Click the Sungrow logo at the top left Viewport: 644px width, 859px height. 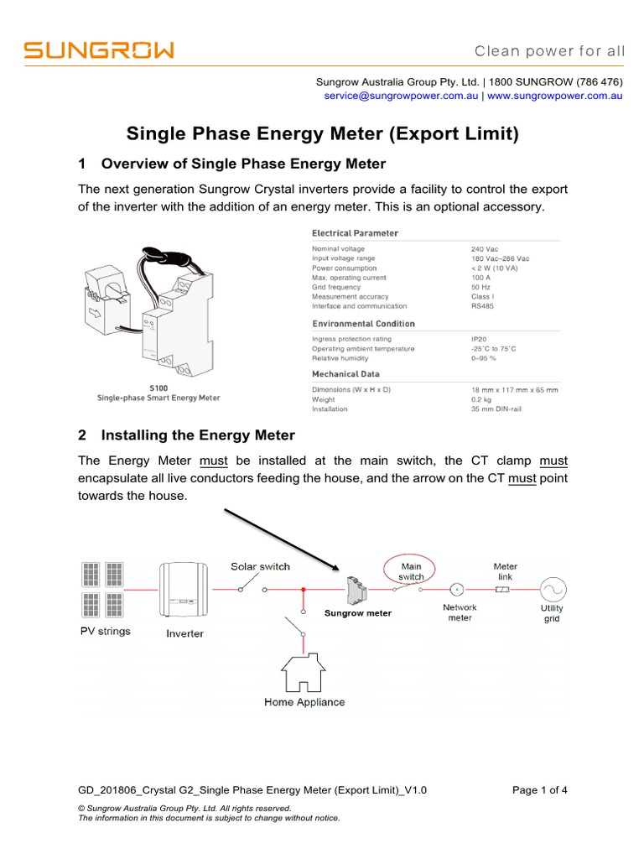click(x=99, y=51)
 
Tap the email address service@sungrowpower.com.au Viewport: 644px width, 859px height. click(x=401, y=96)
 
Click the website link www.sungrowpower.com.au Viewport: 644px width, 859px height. click(x=554, y=96)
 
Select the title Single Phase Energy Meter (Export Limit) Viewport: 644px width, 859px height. click(x=322, y=133)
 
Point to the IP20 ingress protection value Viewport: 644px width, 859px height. click(x=480, y=339)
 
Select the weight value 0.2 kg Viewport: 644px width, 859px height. click(x=483, y=399)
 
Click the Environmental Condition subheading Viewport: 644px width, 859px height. click(x=363, y=324)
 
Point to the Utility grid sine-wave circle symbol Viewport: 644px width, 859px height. click(x=552, y=589)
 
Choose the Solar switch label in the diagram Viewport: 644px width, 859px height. click(x=260, y=567)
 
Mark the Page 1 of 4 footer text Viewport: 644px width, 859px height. click(x=539, y=789)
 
